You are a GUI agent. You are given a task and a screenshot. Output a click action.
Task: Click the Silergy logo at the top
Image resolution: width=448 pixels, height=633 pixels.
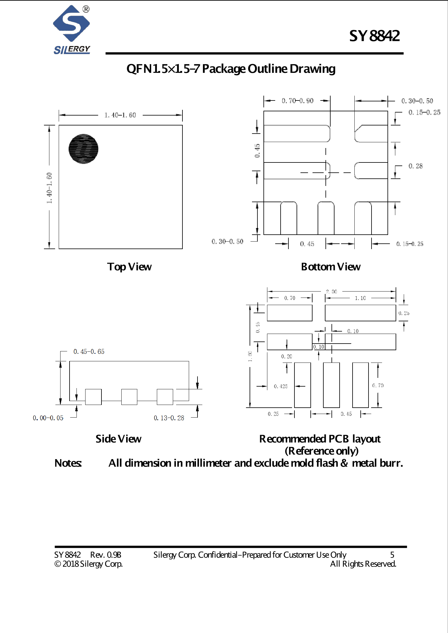tap(72, 29)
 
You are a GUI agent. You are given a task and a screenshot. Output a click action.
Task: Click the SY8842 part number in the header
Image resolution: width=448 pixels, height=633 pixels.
tap(374, 36)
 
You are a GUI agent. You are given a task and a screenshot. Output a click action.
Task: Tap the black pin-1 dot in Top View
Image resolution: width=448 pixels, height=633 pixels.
tap(83, 149)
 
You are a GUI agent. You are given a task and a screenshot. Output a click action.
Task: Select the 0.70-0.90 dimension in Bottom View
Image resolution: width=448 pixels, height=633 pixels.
tap(297, 101)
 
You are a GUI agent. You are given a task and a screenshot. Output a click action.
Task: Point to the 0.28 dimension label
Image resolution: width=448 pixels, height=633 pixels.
tap(415, 166)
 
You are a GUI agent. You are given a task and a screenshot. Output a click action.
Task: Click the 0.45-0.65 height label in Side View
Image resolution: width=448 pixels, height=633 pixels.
tap(89, 351)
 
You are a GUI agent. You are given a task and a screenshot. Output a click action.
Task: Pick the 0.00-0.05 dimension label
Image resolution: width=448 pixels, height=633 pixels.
tap(48, 418)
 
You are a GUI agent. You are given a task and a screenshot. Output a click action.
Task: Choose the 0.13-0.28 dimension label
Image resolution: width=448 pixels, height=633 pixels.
tap(169, 418)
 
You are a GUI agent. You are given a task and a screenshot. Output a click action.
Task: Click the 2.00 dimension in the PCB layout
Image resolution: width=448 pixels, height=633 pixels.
tap(331, 292)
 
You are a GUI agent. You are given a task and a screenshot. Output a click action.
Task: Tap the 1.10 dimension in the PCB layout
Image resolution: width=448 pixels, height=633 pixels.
tap(360, 298)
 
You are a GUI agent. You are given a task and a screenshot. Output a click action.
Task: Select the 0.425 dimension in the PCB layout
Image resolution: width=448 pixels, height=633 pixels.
tap(281, 386)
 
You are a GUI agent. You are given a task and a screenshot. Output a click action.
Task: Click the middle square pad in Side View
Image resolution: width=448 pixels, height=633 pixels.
tap(129, 397)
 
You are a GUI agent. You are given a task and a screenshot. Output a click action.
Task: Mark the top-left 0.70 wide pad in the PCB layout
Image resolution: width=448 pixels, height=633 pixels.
tap(289, 313)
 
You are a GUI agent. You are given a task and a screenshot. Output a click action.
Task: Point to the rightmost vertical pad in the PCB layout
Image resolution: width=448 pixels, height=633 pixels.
tap(360, 385)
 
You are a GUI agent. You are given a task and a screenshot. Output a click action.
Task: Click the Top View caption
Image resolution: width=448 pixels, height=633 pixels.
tap(129, 267)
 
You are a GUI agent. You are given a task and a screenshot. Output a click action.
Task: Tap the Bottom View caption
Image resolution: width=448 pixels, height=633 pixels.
tap(331, 267)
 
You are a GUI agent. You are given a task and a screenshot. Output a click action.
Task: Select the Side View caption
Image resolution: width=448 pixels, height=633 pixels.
tap(118, 439)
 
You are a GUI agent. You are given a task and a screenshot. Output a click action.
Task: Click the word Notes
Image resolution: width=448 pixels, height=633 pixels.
tap(68, 463)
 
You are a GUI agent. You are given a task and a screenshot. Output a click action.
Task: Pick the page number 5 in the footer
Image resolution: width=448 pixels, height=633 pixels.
tap(392, 554)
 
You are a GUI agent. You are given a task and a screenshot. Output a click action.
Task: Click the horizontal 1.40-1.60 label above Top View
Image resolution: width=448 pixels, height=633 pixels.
tap(120, 115)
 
